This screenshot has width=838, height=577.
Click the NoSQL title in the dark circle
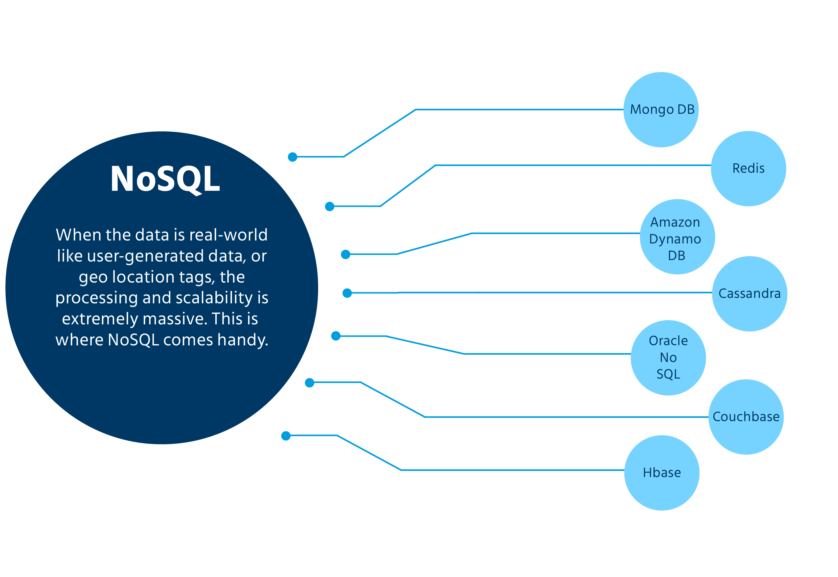165,179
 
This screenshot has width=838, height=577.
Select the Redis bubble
748,168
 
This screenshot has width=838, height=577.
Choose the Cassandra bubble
749,293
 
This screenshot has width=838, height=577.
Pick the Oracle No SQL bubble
668,358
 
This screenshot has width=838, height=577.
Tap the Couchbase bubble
746,417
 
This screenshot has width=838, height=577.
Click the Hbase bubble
662,473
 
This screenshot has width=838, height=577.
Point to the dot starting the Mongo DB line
293,157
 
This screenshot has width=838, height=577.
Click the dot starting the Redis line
329,206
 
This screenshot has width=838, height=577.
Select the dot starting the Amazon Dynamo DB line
346,255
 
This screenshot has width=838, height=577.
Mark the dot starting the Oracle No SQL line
336,336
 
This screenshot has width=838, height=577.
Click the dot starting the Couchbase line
310,383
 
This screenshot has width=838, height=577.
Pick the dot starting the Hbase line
286,436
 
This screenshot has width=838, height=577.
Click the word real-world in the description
228,235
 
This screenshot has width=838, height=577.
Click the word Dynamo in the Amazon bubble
675,239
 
